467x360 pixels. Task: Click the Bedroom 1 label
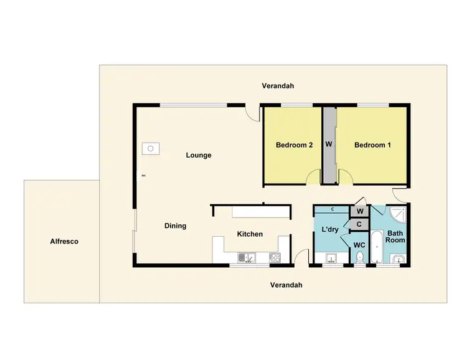[372, 145]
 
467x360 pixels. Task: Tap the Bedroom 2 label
[294, 145]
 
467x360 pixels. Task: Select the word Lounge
[199, 155]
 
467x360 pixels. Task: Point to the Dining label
[175, 225]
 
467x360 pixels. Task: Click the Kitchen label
[250, 234]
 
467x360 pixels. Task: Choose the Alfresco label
[64, 241]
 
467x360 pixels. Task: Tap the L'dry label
[329, 230]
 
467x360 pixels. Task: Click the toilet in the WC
[359, 258]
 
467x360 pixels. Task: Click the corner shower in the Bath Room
[398, 215]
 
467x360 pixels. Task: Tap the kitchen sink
[247, 257]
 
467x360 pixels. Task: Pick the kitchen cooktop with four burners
[274, 257]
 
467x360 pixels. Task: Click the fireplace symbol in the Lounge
[150, 148]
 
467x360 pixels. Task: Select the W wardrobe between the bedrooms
[329, 145]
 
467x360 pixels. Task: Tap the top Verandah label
[278, 86]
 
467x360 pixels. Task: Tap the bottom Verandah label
[286, 285]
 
